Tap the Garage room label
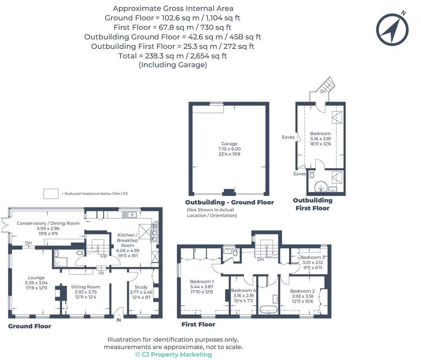[x=230, y=144]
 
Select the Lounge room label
[x=36, y=278]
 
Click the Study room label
[x=141, y=287]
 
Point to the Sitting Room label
[x=85, y=287]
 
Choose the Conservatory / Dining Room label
[x=48, y=223]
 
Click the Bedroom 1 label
[x=201, y=282]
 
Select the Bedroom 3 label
[x=313, y=257]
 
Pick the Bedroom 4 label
[x=243, y=291]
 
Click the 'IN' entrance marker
[x=119, y=320]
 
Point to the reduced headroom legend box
[x=51, y=193]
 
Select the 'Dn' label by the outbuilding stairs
[x=323, y=92]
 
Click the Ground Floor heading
[x=30, y=326]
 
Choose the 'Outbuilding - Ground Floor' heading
[x=229, y=202]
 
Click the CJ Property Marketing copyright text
[x=173, y=354]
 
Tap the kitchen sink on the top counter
[x=130, y=214]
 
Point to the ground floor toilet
[x=80, y=253]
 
